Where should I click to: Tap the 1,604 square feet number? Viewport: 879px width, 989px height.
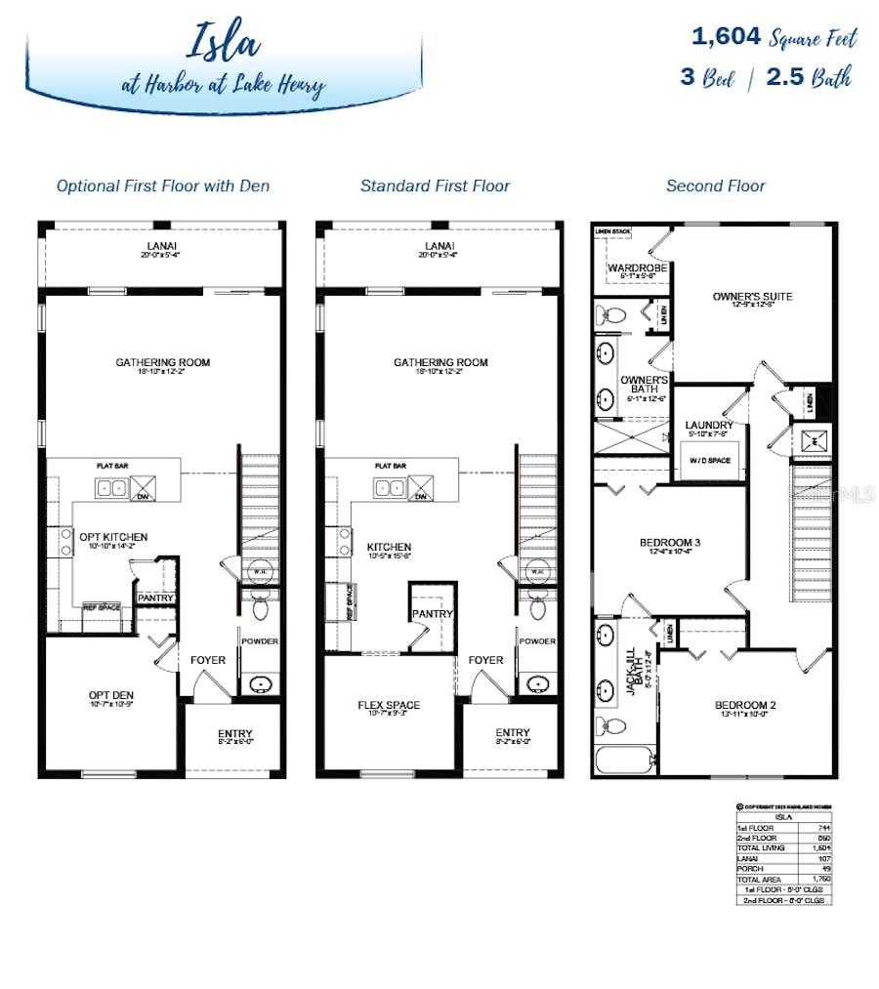(726, 37)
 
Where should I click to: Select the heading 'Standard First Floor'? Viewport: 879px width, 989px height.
(435, 185)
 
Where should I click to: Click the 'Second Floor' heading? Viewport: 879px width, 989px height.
(716, 185)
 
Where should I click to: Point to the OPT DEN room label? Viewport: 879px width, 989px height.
(109, 695)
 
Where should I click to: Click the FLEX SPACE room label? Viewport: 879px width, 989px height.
(389, 705)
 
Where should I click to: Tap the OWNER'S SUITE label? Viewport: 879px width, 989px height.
(752, 296)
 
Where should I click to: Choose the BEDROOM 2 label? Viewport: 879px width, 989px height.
(745, 705)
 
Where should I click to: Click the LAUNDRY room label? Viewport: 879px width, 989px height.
(709, 425)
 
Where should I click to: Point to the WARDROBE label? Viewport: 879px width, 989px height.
(636, 268)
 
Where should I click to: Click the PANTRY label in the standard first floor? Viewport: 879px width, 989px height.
(432, 614)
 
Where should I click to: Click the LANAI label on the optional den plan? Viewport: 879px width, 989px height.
(163, 246)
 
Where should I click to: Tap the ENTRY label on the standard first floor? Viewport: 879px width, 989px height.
(512, 732)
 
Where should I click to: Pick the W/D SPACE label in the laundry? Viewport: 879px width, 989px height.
(709, 460)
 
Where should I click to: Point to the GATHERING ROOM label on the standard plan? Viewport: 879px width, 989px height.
(440, 362)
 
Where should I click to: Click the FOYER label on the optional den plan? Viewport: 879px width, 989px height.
(208, 660)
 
